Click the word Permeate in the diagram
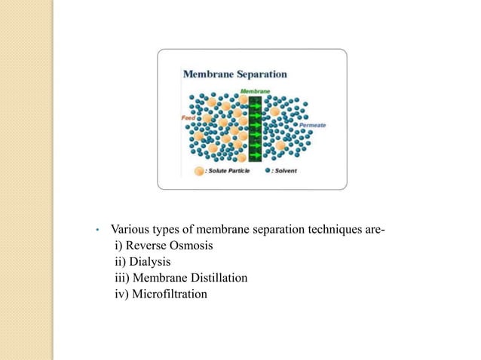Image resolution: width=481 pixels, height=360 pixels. click(312, 125)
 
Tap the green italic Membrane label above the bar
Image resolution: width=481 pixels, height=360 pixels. click(255, 91)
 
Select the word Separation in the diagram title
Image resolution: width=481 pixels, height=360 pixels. click(261, 75)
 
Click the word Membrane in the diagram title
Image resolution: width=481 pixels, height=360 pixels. click(208, 75)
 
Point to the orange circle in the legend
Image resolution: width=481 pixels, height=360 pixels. click(199, 171)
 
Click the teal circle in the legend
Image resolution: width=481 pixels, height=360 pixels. click(268, 171)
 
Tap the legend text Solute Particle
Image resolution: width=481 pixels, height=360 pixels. click(231, 172)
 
